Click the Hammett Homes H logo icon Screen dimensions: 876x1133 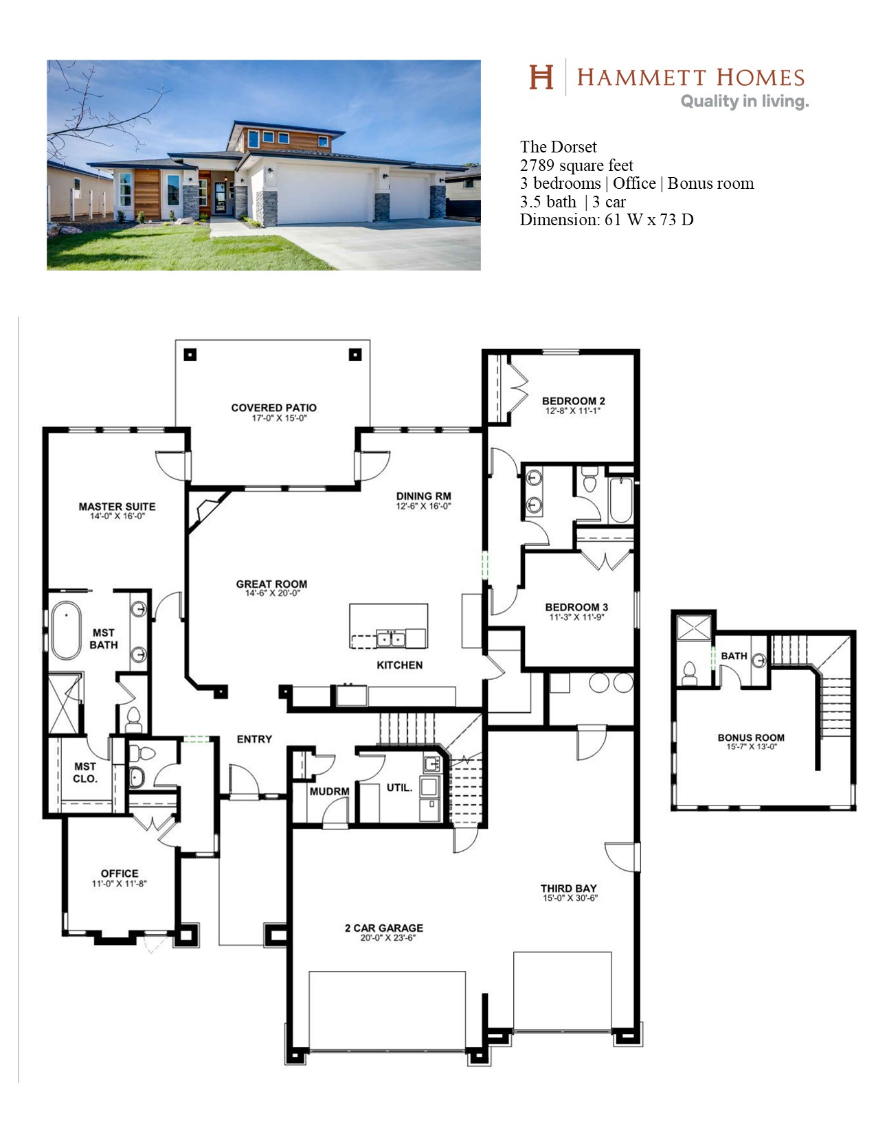click(x=541, y=77)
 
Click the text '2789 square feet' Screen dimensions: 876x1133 click(x=576, y=165)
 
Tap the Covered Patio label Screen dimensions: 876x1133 click(x=274, y=408)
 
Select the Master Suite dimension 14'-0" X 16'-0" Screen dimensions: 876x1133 click(x=117, y=516)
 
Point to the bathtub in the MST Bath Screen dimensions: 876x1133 click(x=66, y=630)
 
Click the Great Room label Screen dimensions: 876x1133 click(x=271, y=584)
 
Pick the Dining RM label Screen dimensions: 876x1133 click(x=424, y=496)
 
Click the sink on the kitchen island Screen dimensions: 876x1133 click(x=391, y=638)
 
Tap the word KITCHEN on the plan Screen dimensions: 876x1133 click(x=400, y=665)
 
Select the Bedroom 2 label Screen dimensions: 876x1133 click(x=574, y=401)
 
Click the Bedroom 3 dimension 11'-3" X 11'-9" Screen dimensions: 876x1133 click(x=576, y=617)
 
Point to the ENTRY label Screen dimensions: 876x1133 click(x=254, y=739)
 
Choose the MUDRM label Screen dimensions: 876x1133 click(x=329, y=792)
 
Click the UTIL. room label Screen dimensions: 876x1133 click(x=399, y=788)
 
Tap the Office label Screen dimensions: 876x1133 click(x=120, y=873)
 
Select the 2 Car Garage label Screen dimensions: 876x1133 click(x=384, y=928)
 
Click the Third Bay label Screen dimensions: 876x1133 click(x=568, y=888)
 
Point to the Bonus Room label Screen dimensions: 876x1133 click(x=751, y=737)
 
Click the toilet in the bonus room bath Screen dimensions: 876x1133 click(x=689, y=674)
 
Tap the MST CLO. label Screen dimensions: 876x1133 click(x=85, y=772)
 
